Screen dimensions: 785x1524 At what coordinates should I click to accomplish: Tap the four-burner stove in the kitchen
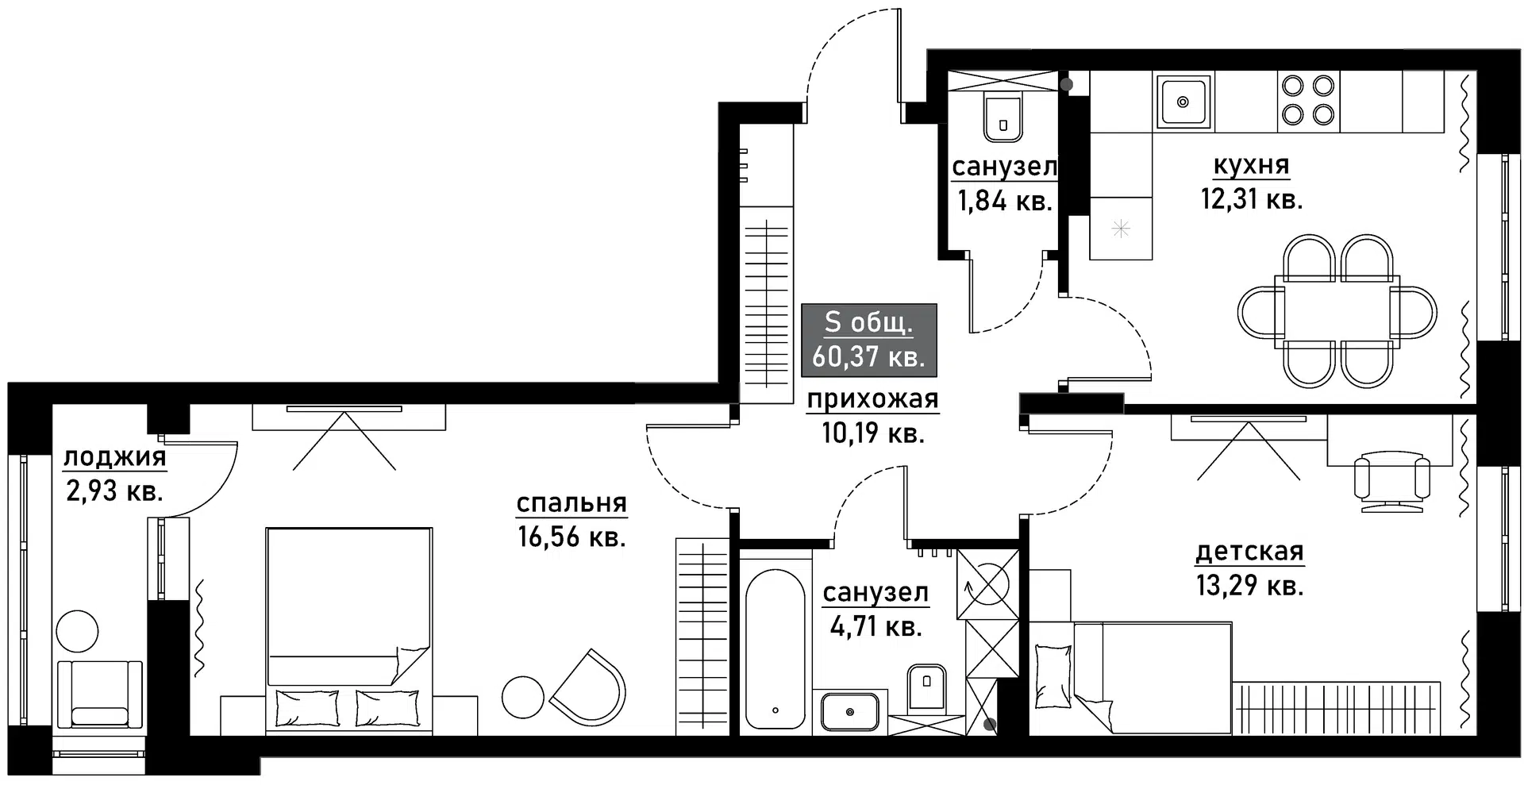(1308, 100)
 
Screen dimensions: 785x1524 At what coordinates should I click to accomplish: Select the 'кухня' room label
(1251, 166)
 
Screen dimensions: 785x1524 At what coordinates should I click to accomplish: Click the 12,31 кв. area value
(1251, 199)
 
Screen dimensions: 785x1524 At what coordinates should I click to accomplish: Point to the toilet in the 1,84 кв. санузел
(1003, 118)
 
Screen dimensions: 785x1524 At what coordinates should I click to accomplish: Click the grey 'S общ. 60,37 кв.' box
(869, 340)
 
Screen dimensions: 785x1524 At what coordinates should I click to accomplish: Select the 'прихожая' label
(872, 399)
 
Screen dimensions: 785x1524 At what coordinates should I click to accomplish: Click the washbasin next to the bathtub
(849, 711)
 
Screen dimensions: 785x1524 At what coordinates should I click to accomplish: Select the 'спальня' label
(571, 503)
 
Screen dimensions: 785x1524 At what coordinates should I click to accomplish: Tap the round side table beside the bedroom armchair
(523, 697)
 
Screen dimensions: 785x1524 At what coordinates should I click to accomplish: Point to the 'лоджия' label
(114, 457)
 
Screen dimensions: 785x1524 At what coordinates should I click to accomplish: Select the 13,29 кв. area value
(1249, 586)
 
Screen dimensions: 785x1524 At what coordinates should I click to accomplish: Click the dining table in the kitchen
(1337, 310)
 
